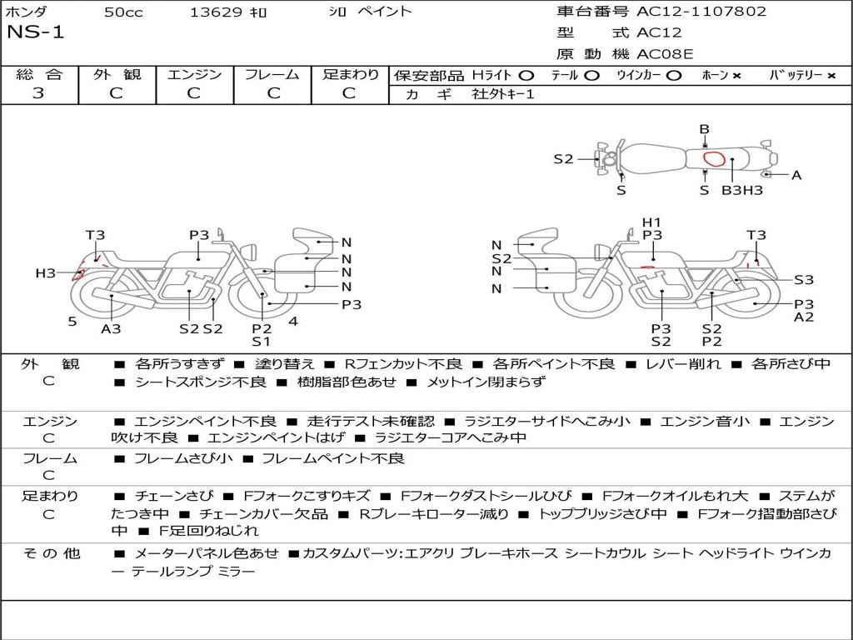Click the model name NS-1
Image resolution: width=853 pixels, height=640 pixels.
[x=35, y=32]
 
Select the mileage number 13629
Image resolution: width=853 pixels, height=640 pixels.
[x=216, y=12]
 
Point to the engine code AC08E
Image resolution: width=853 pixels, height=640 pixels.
[x=665, y=54]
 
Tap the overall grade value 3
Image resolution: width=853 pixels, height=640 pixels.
[x=38, y=93]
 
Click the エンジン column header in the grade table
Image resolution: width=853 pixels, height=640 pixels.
[x=194, y=74]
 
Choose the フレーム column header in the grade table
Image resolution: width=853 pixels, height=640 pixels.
[x=272, y=74]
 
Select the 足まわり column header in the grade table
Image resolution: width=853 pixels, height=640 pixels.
[x=351, y=74]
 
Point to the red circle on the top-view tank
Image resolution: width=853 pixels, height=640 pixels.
[x=712, y=158]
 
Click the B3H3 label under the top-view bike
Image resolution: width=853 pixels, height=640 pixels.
[x=741, y=190]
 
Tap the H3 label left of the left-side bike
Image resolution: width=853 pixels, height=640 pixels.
[x=45, y=272]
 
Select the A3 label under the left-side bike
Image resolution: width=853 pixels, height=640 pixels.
[x=111, y=328]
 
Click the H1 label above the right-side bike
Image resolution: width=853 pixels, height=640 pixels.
[x=651, y=222]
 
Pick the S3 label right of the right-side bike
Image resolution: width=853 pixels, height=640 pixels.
[x=803, y=280]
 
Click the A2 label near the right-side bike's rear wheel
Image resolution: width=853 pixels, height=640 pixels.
[x=803, y=317]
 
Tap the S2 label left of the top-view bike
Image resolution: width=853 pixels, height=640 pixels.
[x=564, y=158]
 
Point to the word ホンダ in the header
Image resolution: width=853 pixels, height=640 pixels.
[x=27, y=12]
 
